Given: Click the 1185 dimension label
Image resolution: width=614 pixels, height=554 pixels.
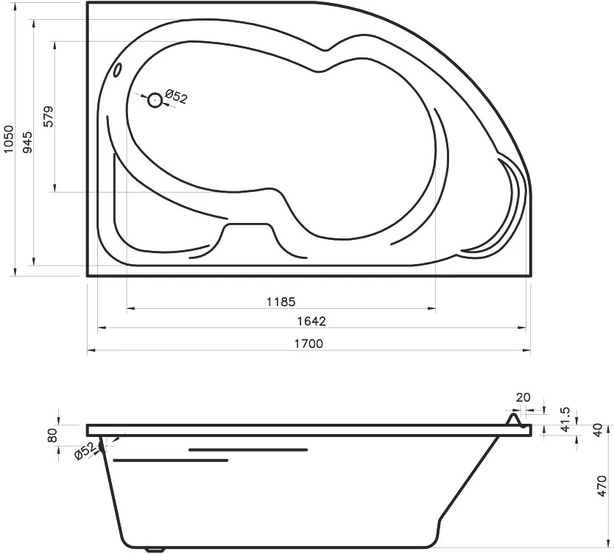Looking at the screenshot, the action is point(280,302).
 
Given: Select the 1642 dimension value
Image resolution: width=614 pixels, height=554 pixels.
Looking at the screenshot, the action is point(311,322).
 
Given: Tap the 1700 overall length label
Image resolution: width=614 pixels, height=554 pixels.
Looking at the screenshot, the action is point(308,344).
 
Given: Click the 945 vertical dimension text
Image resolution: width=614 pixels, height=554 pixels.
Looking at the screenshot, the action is point(27,143).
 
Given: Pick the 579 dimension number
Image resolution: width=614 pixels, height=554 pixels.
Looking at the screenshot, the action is point(49,116).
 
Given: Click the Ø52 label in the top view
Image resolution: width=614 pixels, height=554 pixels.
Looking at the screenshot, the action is point(176,96).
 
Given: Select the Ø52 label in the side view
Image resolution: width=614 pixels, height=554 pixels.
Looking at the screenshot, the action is point(84,451).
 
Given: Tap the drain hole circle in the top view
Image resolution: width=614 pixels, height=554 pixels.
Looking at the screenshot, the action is point(155,101).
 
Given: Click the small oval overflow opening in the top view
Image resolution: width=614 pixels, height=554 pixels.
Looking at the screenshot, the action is point(117,71).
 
